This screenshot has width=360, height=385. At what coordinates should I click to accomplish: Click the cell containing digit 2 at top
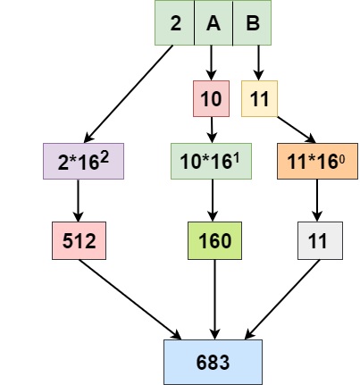point(174,22)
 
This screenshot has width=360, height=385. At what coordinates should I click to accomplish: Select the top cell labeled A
point(213,22)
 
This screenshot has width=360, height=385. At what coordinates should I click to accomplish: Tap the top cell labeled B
point(252,22)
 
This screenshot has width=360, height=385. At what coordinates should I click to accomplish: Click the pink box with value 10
point(211,98)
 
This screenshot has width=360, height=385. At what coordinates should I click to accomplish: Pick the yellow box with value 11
point(259,98)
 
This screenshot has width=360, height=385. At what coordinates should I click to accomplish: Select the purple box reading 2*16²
point(83,161)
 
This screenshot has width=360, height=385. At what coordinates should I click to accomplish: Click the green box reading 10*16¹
point(211,161)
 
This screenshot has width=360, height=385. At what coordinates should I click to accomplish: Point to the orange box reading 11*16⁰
point(317,161)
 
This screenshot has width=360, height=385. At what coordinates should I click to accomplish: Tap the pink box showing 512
point(79,240)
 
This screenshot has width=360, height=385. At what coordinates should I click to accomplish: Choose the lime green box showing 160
point(214,240)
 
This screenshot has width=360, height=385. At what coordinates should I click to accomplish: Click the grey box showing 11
point(320,240)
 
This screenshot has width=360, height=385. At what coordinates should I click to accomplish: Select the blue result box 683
point(213,362)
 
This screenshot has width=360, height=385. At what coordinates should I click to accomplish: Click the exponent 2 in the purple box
point(105,158)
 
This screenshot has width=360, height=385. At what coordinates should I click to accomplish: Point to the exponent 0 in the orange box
point(342,160)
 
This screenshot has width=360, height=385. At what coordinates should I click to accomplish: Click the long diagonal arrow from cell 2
point(129,94)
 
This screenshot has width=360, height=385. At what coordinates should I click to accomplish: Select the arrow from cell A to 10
point(211,63)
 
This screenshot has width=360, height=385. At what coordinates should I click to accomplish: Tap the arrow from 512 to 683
point(130,299)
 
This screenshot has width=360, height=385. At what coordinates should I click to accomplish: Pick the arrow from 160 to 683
point(214,299)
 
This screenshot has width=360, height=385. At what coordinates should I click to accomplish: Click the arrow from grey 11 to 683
point(282,299)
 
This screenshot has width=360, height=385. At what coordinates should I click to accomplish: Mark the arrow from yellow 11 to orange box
point(297,130)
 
